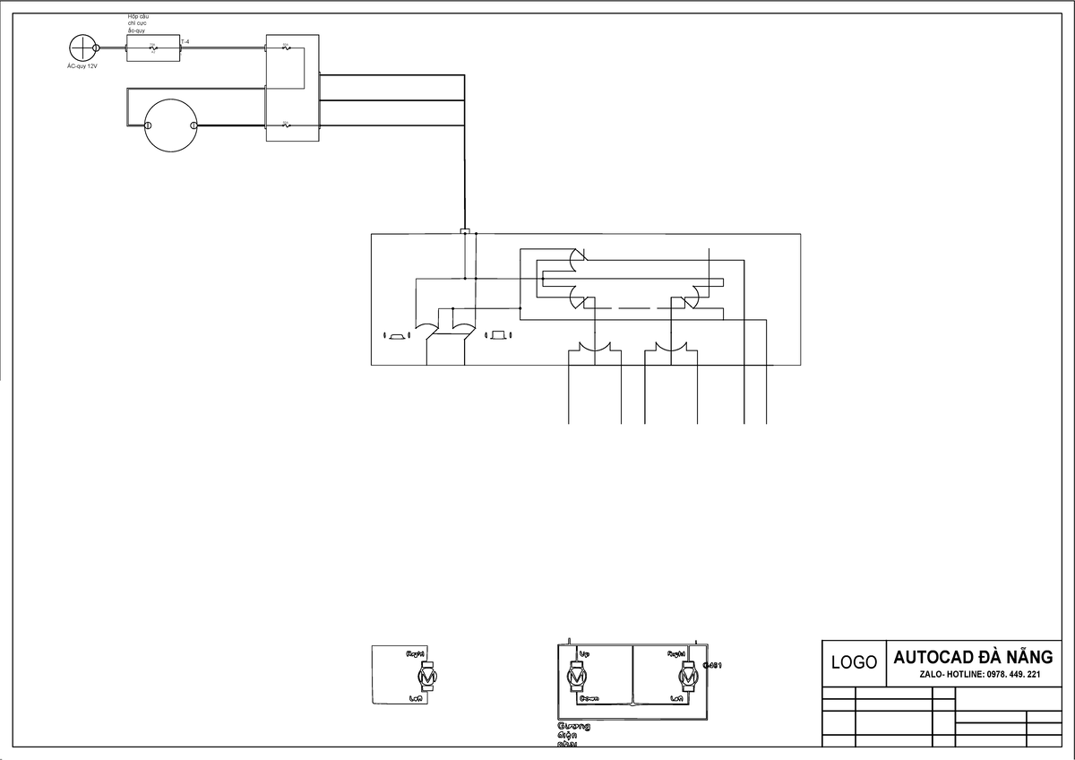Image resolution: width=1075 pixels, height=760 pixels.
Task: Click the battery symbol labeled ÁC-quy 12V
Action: (83, 47)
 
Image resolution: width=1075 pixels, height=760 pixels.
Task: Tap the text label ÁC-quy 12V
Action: (82, 66)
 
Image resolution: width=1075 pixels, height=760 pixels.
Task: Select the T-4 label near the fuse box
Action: (185, 41)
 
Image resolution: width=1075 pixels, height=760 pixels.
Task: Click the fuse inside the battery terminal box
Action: (153, 48)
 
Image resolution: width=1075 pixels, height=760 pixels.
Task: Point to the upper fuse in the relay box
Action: (286, 47)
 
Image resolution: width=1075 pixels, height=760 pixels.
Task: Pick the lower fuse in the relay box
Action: (286, 125)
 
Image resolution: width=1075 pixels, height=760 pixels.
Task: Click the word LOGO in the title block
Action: (854, 663)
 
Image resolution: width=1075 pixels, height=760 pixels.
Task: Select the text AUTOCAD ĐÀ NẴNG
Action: (973, 657)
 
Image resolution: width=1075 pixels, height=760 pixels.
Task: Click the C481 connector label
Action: (713, 665)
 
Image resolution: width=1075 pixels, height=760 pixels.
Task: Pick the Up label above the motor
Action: (585, 653)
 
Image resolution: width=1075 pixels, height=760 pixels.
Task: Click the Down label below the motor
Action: (589, 697)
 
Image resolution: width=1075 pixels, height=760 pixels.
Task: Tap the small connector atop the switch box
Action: (464, 231)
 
